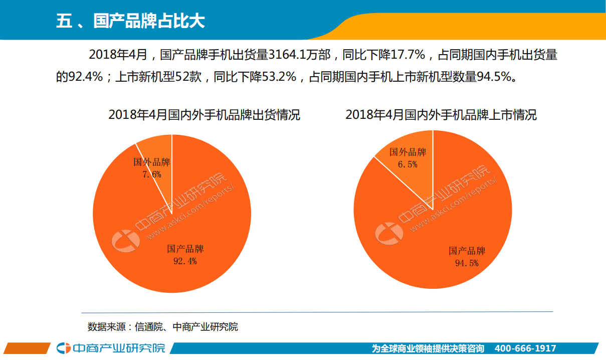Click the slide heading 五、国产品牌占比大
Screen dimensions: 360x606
pyautogui.click(x=130, y=22)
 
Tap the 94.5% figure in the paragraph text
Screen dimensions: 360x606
pyautogui.click(x=494, y=77)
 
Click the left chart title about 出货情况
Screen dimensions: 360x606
pyautogui.click(x=204, y=115)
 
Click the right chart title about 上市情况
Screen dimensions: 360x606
pyautogui.click(x=441, y=115)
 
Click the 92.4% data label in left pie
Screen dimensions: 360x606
pyautogui.click(x=185, y=261)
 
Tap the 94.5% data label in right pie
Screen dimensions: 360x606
pyautogui.click(x=467, y=263)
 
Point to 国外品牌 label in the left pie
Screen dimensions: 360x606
pyautogui.click(x=151, y=162)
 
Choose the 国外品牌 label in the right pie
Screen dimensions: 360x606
pyautogui.click(x=408, y=152)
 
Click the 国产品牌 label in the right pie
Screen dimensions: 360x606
pyautogui.click(x=467, y=251)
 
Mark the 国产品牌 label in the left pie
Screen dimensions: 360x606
pyautogui.click(x=185, y=249)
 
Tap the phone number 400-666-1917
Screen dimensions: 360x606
pyautogui.click(x=525, y=348)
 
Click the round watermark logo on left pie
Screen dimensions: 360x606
pyautogui.click(x=125, y=241)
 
